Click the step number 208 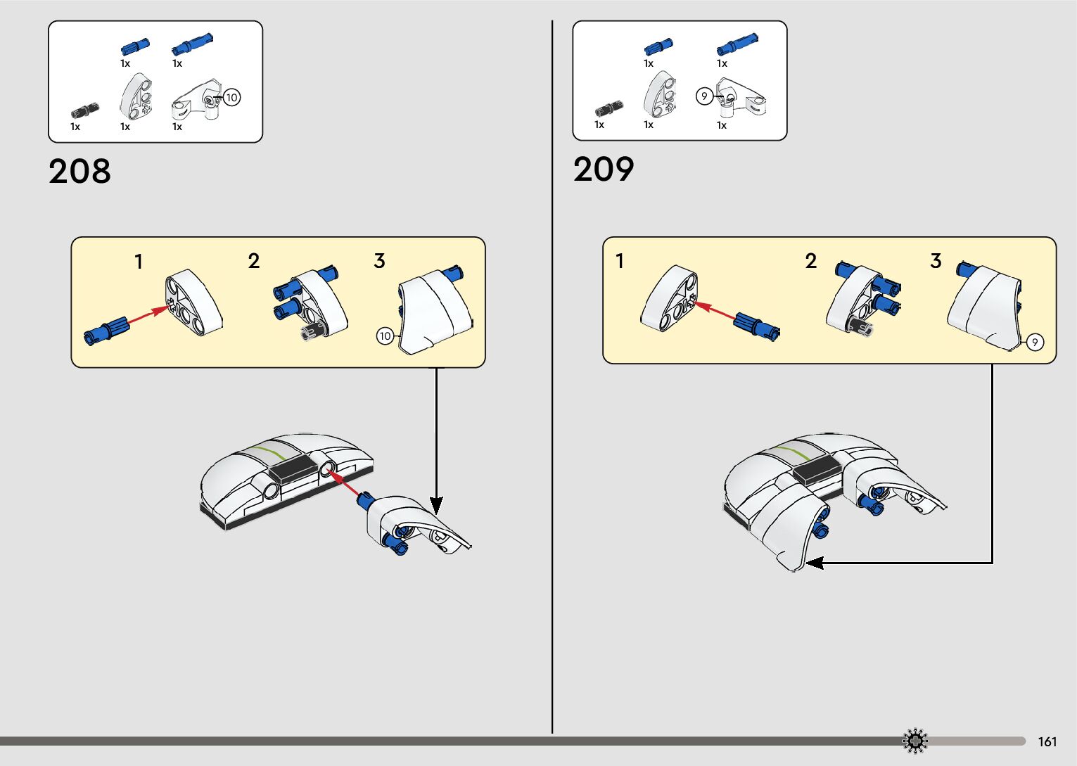79,172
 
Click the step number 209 604,170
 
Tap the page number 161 1047,741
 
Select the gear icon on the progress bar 915,741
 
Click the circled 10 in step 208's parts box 231,97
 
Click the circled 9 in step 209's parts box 704,96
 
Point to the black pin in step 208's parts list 85,111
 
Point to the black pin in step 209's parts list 608,109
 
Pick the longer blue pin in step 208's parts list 192,44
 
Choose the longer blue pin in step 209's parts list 737,44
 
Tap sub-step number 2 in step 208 254,262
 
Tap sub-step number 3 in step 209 936,262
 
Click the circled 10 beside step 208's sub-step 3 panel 385,336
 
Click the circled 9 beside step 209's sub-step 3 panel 1035,343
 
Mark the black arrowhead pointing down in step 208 436,505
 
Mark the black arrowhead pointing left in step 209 814,563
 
